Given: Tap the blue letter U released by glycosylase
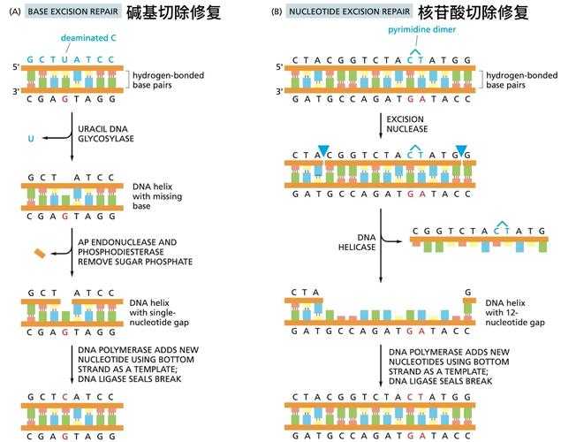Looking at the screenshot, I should pos(33,137).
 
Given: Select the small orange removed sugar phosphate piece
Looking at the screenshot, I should pos(40,255).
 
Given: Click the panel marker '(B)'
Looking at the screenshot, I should pos(277,12).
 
